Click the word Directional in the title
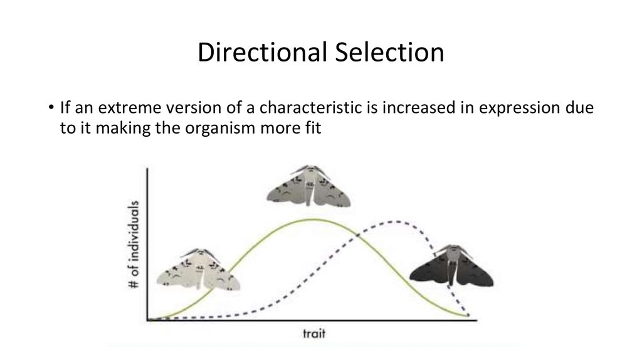tap(263, 52)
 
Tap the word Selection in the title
tap(389, 52)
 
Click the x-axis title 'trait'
tap(314, 334)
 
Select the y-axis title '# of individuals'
tap(134, 244)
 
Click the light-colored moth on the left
tap(198, 269)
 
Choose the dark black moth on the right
tap(451, 265)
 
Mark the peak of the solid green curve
tap(313, 220)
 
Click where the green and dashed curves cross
tap(357, 235)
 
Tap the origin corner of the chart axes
tap(147, 320)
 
